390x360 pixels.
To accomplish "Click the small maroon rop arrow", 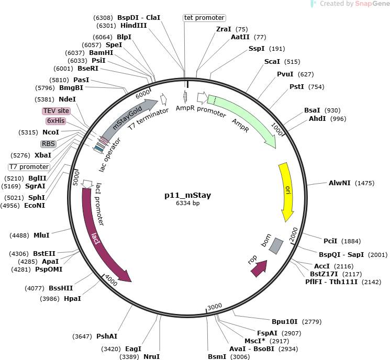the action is click(x=259, y=268).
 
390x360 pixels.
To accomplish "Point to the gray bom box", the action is click(x=276, y=246).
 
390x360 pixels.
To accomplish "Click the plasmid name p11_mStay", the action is click(x=188, y=195).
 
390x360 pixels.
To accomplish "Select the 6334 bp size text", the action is click(x=188, y=203).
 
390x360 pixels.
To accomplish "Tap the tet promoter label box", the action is click(x=205, y=18).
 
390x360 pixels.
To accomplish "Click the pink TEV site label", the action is click(x=56, y=111).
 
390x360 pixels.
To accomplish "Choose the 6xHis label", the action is click(x=56, y=121).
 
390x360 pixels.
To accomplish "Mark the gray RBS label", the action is click(x=48, y=144).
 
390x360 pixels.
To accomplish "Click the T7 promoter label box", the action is click(x=29, y=167).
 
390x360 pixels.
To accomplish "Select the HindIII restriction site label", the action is click(x=133, y=25).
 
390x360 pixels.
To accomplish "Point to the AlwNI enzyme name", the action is click(x=340, y=183).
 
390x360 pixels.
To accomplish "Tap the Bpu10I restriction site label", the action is click(x=285, y=322).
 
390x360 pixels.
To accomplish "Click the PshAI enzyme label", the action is click(x=107, y=336).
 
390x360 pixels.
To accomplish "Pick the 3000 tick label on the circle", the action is click(x=215, y=307).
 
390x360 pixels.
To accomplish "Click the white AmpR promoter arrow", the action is click(x=203, y=98).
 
